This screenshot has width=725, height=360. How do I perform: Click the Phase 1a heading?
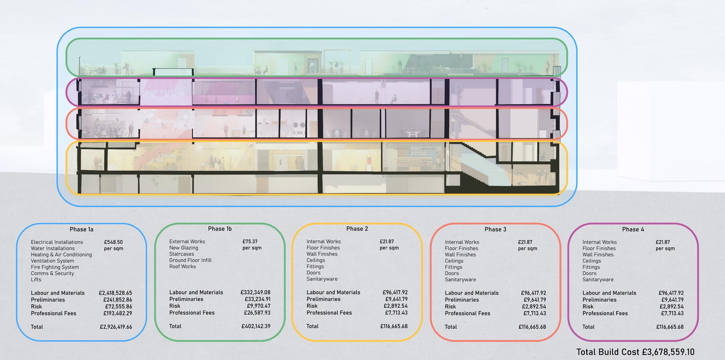[x=82, y=229]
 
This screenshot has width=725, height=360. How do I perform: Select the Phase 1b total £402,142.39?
[x=256, y=326]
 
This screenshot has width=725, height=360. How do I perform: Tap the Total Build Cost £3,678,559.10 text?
[x=635, y=352]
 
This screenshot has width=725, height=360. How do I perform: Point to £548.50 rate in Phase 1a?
[x=113, y=242]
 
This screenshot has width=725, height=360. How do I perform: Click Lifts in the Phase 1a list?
[x=36, y=280]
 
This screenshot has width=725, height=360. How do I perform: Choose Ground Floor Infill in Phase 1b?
[x=190, y=260]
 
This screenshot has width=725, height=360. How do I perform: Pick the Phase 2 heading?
[x=357, y=229]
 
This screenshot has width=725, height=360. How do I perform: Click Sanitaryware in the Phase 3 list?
[x=460, y=280]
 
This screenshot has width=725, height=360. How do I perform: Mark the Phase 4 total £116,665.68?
[x=670, y=327]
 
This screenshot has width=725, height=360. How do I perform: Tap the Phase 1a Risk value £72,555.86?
[x=118, y=307]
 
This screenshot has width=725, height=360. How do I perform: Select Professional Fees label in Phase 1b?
[x=192, y=313]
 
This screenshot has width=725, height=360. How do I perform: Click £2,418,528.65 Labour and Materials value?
[x=115, y=293]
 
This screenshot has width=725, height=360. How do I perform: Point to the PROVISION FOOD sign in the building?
[x=426, y=151]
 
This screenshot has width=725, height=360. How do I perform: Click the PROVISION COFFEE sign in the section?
[x=159, y=124]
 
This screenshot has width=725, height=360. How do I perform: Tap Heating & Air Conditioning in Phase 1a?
[x=61, y=255]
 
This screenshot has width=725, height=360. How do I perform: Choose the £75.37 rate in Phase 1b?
[x=250, y=242]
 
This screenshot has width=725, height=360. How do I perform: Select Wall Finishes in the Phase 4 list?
[x=598, y=255]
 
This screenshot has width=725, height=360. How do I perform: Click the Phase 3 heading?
[x=495, y=229]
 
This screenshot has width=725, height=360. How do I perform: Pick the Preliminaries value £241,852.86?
[x=118, y=300]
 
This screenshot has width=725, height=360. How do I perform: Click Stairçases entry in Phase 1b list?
[x=181, y=254]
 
